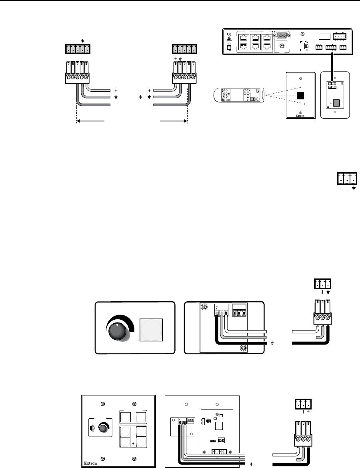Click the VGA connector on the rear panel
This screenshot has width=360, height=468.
(282, 36)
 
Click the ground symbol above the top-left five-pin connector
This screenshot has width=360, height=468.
(82, 40)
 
